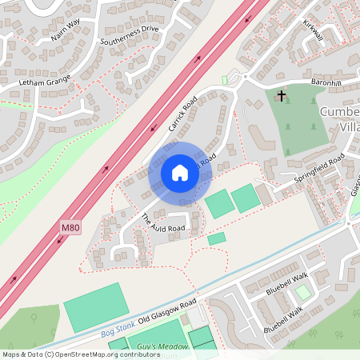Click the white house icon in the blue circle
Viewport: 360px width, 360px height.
point(179,173)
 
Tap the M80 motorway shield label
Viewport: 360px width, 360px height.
point(70,228)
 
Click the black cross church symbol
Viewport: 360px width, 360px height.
point(281,96)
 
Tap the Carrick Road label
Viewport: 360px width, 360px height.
point(182,116)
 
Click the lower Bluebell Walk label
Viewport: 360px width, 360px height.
point(286,318)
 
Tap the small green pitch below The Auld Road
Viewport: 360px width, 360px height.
point(216,238)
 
